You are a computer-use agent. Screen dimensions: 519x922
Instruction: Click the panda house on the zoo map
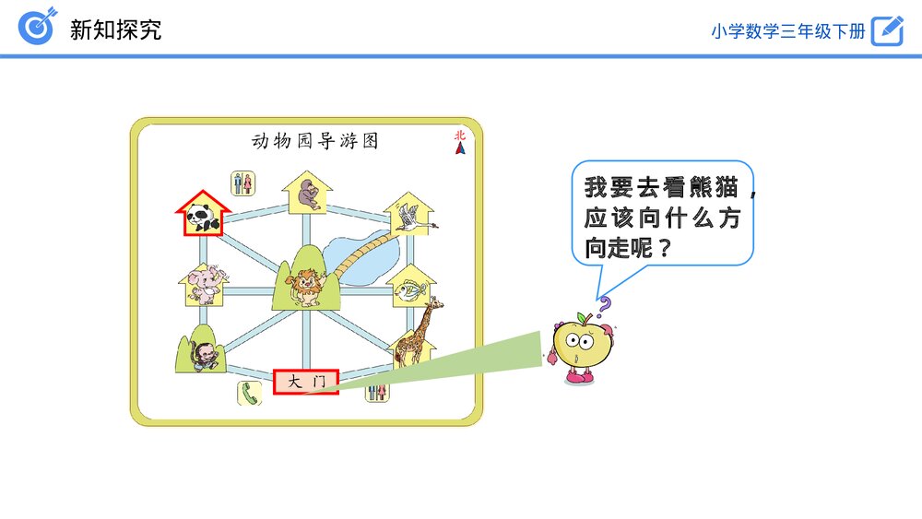[x=202, y=215]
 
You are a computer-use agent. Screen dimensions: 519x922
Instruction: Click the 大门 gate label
[x=306, y=381]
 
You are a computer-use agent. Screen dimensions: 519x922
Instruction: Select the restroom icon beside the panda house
[x=242, y=183]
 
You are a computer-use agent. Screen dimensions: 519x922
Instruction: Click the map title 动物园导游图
[x=314, y=141]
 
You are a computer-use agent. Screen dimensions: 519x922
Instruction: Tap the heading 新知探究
[x=116, y=29]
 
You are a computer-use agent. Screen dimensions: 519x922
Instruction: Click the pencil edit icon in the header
[x=887, y=29]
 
